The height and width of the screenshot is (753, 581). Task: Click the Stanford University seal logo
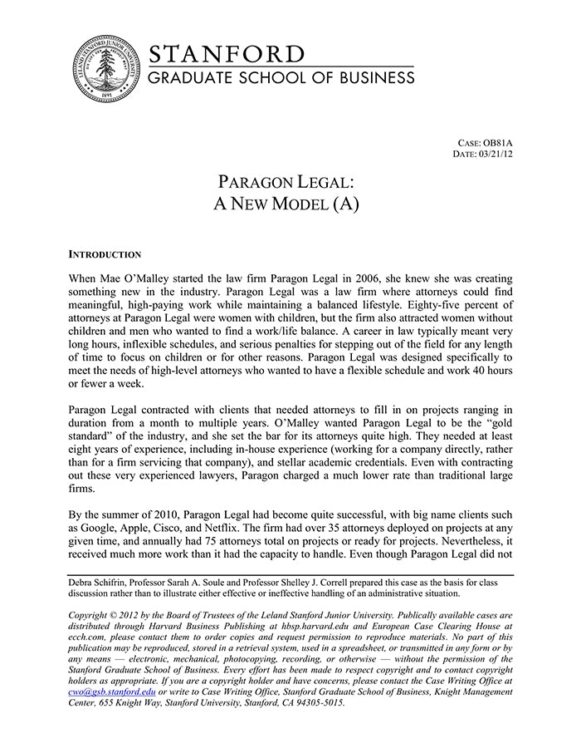coord(106,69)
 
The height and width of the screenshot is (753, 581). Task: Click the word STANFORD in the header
coord(227,54)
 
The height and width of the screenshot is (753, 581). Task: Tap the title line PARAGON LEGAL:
coord(286,181)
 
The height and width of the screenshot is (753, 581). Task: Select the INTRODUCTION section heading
coord(105,254)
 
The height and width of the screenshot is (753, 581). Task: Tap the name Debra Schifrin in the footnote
coord(103,583)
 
